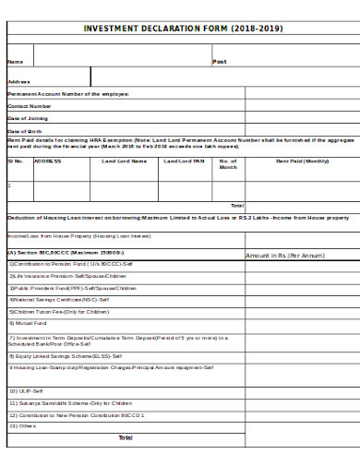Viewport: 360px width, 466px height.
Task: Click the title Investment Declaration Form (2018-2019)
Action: (184, 29)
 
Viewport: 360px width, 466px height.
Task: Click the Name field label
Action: (15, 62)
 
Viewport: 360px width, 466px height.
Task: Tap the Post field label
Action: (220, 62)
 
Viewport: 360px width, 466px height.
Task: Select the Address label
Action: (19, 81)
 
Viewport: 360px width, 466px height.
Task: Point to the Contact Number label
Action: (30, 106)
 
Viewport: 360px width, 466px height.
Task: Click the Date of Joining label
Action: (28, 118)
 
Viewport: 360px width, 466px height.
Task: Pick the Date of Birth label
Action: (26, 131)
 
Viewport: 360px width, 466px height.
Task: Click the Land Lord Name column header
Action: (125, 161)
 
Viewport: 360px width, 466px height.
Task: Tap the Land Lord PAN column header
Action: (185, 161)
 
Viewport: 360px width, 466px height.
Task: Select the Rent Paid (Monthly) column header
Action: (303, 161)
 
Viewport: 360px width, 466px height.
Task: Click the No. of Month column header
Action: (228, 164)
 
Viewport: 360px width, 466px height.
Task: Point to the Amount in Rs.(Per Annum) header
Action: (285, 255)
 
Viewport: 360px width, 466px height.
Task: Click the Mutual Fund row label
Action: (29, 324)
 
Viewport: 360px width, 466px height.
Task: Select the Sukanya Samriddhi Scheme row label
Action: (71, 403)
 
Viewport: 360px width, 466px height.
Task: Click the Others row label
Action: (23, 426)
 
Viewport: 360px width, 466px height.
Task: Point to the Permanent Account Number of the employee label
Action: (69, 94)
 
